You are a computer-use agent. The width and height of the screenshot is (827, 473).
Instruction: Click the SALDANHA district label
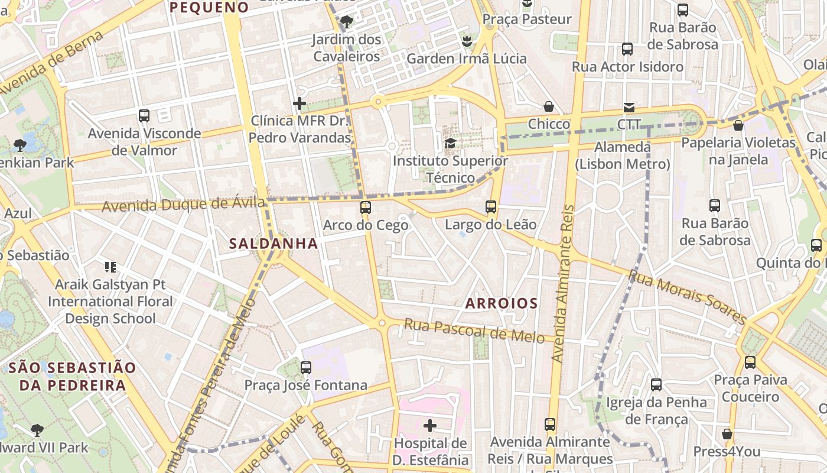273,244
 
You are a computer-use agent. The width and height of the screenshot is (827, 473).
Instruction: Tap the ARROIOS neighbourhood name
502,304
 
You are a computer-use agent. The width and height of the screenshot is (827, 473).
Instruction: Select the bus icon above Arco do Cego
366,208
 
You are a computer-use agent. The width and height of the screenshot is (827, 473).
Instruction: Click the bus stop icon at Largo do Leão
491,207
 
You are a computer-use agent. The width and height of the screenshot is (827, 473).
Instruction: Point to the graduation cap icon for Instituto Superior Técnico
450,143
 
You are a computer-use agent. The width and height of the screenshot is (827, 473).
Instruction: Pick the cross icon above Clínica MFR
299,103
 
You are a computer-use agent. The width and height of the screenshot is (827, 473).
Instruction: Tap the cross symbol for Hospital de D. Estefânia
430,425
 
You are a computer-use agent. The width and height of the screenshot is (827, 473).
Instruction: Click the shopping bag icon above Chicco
549,106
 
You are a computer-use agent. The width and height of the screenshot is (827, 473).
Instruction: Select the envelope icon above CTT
629,108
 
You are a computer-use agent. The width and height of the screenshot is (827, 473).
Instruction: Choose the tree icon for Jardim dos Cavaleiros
347,22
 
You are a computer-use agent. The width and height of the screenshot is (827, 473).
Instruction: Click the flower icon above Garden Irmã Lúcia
467,41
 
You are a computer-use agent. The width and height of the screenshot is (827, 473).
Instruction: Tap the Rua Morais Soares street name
687,297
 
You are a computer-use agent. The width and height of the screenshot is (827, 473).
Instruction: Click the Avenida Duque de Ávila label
183,205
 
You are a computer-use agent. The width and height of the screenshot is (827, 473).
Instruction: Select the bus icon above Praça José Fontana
305,367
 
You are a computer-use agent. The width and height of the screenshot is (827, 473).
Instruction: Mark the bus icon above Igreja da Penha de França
656,385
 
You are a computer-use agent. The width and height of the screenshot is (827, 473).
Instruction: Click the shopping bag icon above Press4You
727,434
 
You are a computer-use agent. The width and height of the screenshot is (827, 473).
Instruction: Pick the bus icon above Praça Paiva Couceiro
750,362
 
